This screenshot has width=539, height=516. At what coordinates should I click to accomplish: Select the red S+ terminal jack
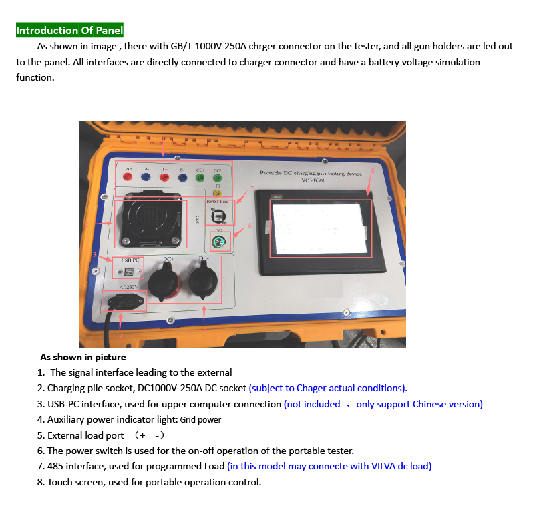[x=164, y=178]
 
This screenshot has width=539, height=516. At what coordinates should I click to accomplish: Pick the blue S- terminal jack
[x=182, y=178]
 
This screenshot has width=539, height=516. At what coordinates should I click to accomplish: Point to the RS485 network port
[x=218, y=216]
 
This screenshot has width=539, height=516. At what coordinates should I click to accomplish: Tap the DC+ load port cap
[x=162, y=280]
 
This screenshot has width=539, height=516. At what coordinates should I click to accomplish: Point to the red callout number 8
[x=373, y=170]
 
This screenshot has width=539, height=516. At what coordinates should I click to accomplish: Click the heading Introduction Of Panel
[x=69, y=30]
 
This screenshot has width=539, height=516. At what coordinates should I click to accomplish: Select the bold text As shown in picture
[x=83, y=357]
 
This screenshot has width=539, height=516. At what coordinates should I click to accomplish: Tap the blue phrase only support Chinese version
[x=419, y=404]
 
